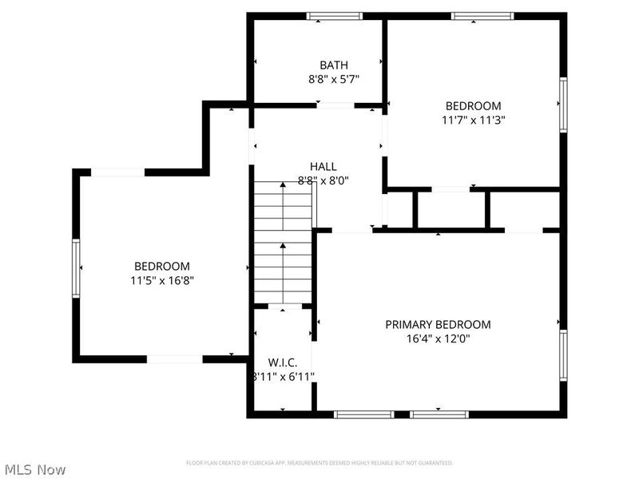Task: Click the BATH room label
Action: [333, 65]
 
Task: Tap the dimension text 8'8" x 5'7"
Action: [333, 79]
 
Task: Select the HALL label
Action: [323, 166]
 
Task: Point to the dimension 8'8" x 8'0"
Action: [323, 180]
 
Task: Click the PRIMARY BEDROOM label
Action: [438, 324]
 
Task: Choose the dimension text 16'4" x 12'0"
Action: [438, 338]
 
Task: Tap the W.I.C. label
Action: [283, 362]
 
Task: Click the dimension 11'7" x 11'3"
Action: [473, 120]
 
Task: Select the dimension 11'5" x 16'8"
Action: [161, 280]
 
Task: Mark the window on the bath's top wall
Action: [335, 16]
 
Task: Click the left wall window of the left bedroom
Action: [77, 268]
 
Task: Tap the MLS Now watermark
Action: [34, 470]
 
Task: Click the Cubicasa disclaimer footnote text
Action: [319, 463]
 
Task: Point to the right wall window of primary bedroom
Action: [563, 355]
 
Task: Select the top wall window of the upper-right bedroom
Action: [482, 16]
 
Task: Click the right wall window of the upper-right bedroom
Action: [563, 104]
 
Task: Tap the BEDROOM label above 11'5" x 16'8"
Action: [161, 266]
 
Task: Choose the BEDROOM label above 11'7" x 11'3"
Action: [473, 105]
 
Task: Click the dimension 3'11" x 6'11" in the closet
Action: [284, 376]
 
